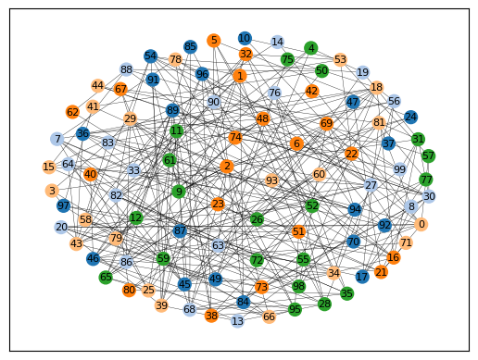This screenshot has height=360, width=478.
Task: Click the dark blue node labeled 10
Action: (x=245, y=38)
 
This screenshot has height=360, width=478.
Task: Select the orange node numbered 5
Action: (x=214, y=41)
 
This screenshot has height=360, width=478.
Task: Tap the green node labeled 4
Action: (x=311, y=48)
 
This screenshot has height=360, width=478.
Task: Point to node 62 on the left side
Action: (x=72, y=112)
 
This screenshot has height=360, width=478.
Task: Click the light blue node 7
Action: (x=57, y=139)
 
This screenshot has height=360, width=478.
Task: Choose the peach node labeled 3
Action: (x=52, y=191)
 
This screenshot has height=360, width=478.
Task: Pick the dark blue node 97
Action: (x=64, y=205)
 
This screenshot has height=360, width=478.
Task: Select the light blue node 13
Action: (x=237, y=321)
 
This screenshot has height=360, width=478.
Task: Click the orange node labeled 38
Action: (x=211, y=316)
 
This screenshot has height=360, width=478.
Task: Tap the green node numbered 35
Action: (x=346, y=293)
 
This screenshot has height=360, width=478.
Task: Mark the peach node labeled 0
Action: (x=421, y=224)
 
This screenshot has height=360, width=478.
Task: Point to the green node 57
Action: (x=428, y=155)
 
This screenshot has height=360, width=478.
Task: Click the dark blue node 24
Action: (x=410, y=117)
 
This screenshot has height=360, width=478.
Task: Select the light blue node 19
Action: (x=363, y=72)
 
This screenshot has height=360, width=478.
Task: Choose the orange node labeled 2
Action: (x=227, y=167)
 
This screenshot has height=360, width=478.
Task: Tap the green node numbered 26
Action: (x=257, y=219)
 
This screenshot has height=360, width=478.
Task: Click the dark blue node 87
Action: (x=180, y=230)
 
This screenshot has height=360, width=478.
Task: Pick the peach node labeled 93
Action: (x=271, y=180)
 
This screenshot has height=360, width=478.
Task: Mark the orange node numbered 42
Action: (x=311, y=92)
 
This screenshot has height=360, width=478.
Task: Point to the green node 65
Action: (x=106, y=277)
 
